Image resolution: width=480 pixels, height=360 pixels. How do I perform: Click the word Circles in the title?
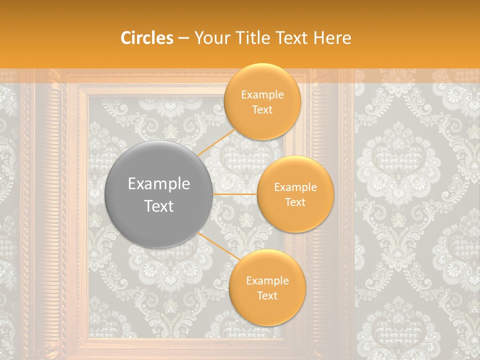click(147, 38)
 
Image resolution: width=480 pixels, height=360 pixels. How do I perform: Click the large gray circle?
click(159, 194)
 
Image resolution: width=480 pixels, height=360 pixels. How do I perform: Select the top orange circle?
click(261, 102)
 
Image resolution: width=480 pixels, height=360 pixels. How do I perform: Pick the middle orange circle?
click(295, 194)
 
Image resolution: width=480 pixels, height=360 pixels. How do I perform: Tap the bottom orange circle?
click(267, 288)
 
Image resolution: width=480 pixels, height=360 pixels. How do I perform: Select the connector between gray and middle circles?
click(235, 194)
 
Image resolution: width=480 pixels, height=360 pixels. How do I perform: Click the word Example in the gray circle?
click(159, 184)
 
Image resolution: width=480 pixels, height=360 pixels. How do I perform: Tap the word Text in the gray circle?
click(159, 206)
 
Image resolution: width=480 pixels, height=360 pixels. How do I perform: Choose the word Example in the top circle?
click(262, 95)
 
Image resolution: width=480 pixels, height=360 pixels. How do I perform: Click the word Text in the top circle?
click(262, 109)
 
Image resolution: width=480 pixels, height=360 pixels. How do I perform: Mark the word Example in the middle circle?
click(295, 187)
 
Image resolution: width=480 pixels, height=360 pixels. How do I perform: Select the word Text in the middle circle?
click(295, 202)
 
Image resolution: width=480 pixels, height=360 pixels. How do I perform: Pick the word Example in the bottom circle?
click(267, 281)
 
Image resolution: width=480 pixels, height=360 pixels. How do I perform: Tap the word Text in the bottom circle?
click(267, 295)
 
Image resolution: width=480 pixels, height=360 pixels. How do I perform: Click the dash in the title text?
click(183, 38)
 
